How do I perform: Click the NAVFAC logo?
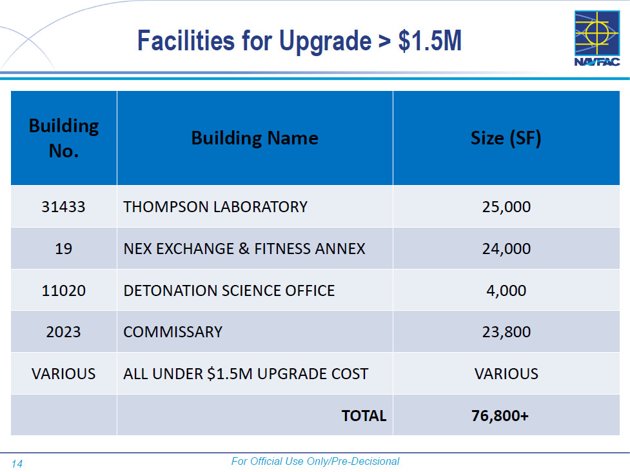tap(596, 38)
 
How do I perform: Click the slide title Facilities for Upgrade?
tap(299, 41)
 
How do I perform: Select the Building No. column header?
tap(64, 138)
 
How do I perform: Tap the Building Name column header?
tap(255, 138)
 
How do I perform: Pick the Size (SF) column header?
tap(506, 138)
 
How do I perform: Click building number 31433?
tap(63, 207)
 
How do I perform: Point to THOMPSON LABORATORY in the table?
tap(215, 207)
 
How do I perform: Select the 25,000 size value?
tap(506, 207)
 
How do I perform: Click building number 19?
tap(63, 248)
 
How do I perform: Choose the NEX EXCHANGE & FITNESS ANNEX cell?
tap(244, 248)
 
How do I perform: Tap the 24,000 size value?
tap(506, 248)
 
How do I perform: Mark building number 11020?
tap(63, 290)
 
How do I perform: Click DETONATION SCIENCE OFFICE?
tap(229, 290)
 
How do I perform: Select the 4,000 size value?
tap(506, 290)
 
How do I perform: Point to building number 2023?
tap(63, 332)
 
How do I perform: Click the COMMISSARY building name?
tap(173, 332)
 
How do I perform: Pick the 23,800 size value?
tap(506, 332)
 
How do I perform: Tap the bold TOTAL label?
tap(364, 416)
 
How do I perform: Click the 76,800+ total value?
tap(500, 416)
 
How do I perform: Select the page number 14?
tap(17, 464)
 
